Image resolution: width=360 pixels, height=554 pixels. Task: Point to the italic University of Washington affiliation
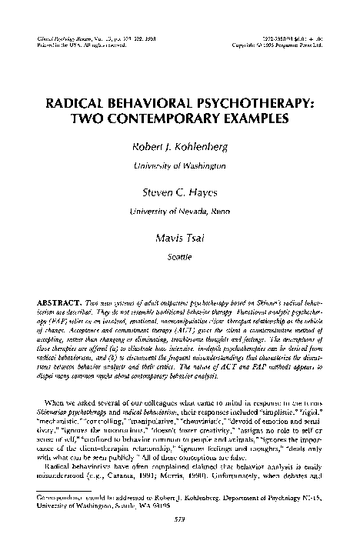(180, 165)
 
